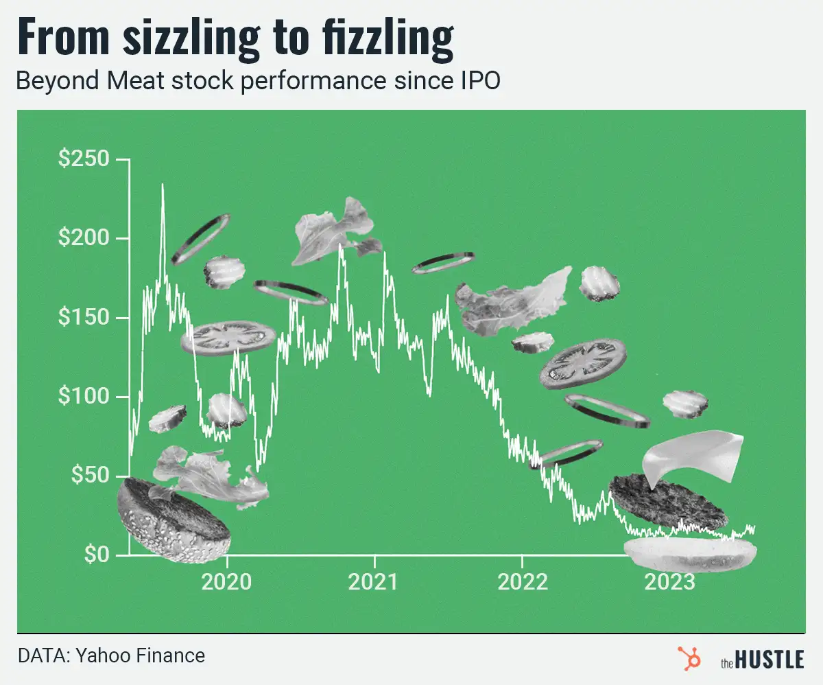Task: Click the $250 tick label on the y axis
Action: (84, 159)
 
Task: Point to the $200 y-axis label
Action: (84, 239)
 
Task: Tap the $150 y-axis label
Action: (84, 318)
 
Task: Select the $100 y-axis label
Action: (84, 397)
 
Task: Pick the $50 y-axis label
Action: (89, 476)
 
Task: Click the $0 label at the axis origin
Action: (97, 555)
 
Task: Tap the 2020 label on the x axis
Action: (226, 582)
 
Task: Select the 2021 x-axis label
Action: (374, 582)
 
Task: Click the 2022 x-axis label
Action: (522, 582)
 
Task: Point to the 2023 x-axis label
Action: (669, 582)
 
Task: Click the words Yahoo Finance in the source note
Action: (141, 655)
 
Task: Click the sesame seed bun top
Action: (173, 519)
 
